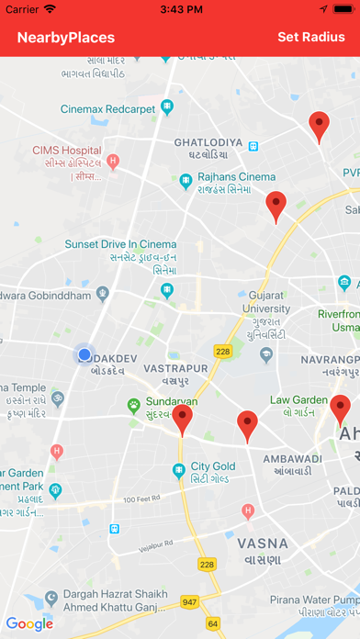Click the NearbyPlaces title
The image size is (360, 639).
[x=66, y=38]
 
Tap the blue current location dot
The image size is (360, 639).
[x=84, y=354]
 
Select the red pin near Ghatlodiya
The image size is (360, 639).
[x=319, y=125]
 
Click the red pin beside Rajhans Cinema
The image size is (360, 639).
[x=276, y=205]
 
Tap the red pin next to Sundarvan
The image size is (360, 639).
[x=184, y=419]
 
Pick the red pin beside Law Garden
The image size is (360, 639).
[x=340, y=409]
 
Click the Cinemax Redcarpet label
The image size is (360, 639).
[x=109, y=108]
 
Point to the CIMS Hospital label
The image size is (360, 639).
[x=66, y=150]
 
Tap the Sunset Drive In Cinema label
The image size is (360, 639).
[x=119, y=244]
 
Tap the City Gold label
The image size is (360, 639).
[x=213, y=466]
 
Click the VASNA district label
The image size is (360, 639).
[x=262, y=543]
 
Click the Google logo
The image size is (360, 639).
[x=29, y=624]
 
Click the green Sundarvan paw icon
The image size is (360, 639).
[x=133, y=403]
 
